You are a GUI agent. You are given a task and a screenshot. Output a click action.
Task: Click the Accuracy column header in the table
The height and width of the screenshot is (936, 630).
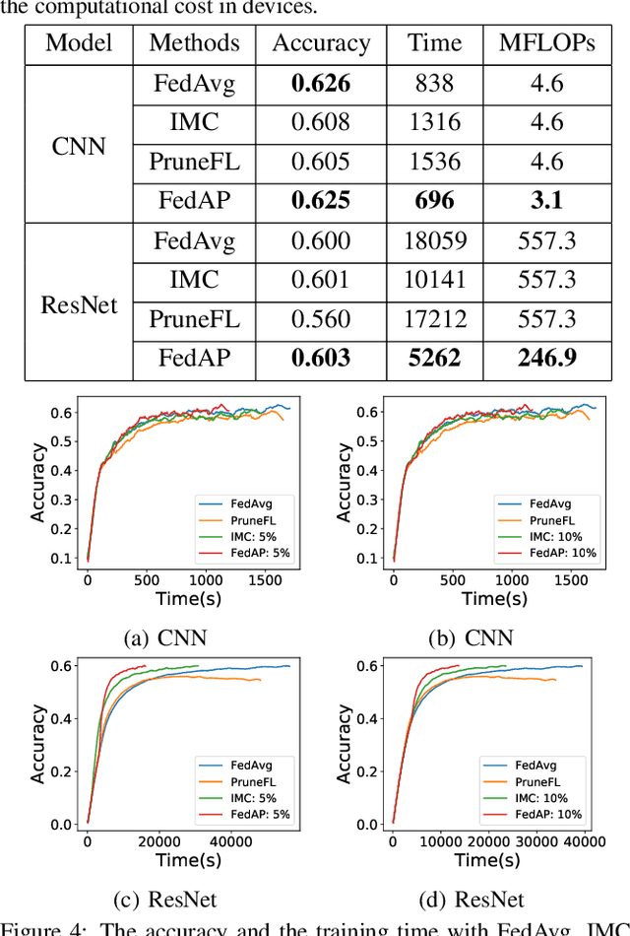[x=321, y=43]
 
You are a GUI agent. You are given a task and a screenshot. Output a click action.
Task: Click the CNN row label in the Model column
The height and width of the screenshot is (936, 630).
[x=78, y=144]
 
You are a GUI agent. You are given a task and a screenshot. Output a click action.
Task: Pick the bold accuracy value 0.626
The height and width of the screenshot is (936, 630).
[x=321, y=84]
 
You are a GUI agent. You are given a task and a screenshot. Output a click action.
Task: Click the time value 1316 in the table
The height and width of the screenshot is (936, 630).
[x=434, y=122]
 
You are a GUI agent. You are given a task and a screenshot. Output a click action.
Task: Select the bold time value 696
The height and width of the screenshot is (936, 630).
[x=434, y=201]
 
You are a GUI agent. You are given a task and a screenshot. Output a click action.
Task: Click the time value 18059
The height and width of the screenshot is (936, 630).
[x=434, y=240]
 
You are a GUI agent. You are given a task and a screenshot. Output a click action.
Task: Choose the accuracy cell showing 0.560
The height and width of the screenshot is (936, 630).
[x=321, y=318]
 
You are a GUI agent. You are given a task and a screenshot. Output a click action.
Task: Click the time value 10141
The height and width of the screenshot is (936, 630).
[x=434, y=280]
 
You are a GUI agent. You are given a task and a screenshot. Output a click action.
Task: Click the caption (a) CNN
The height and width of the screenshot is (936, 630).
[x=165, y=637]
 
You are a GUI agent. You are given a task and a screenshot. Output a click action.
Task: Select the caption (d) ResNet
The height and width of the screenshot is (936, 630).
[x=471, y=899]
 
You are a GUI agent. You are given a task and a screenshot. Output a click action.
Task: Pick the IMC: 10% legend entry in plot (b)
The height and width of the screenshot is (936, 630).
[x=556, y=537]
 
